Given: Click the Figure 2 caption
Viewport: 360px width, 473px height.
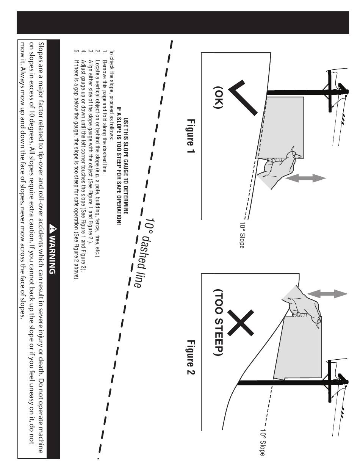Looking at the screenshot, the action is click(191, 357).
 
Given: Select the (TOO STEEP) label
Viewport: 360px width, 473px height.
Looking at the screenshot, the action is click(219, 322).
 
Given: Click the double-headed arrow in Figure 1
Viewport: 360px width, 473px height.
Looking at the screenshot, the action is click(305, 179).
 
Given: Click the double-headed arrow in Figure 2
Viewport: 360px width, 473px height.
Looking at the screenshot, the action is click(327, 294).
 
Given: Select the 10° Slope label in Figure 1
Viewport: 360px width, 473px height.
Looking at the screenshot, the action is click(242, 235).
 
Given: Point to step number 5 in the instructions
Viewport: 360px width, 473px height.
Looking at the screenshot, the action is click(76, 51).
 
